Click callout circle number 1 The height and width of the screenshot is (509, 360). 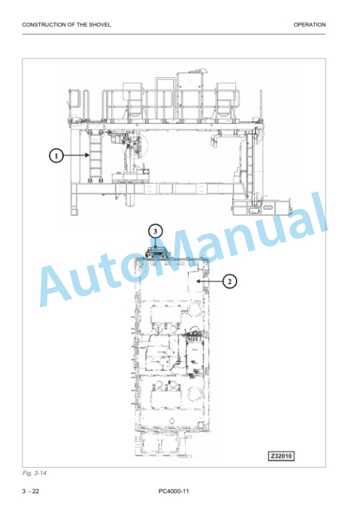(x=56, y=156)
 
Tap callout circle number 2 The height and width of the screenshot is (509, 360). (x=230, y=281)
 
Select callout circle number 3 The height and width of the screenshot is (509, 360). (x=155, y=231)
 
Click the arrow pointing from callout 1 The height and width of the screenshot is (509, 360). (x=76, y=156)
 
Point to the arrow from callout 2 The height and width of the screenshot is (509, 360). (x=210, y=281)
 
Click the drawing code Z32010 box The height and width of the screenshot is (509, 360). (x=281, y=456)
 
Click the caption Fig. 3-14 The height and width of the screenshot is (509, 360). (x=35, y=473)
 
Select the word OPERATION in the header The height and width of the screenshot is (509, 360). (x=309, y=25)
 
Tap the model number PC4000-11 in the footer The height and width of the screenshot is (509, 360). (x=174, y=491)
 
